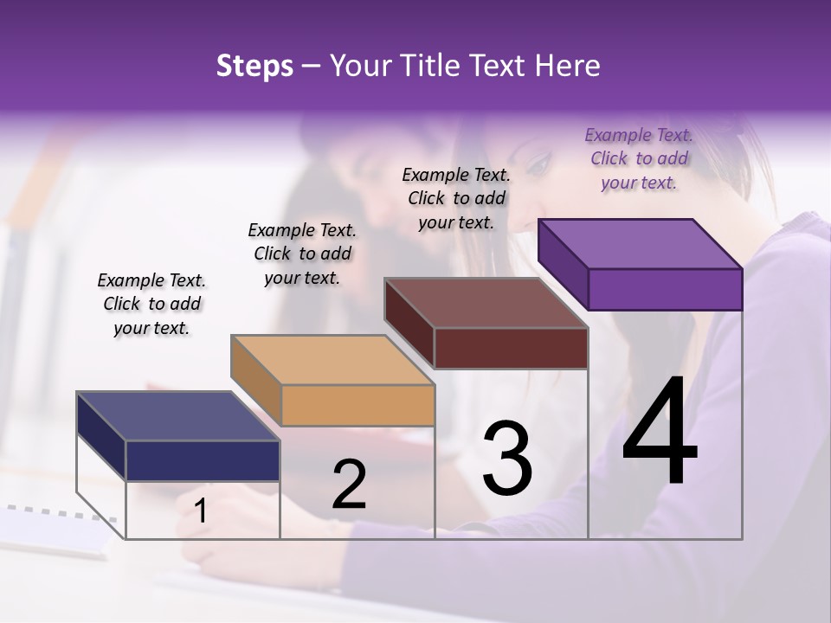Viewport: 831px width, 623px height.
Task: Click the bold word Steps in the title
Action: pyautogui.click(x=254, y=67)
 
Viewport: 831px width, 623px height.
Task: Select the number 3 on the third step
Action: pyautogui.click(x=507, y=459)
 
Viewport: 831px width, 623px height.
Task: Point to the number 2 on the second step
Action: pyautogui.click(x=349, y=485)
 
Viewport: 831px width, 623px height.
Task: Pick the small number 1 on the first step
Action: pyautogui.click(x=201, y=511)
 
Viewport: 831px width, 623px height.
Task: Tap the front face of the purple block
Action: pyautogui.click(x=665, y=289)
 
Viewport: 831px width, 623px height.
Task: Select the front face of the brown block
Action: pyautogui.click(x=511, y=348)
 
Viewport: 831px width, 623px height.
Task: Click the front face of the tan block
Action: pyautogui.click(x=358, y=405)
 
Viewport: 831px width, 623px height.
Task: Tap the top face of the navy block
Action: pyautogui.click(x=178, y=416)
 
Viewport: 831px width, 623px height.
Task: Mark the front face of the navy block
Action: pyautogui.click(x=203, y=460)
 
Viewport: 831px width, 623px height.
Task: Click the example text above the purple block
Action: pyautogui.click(x=639, y=158)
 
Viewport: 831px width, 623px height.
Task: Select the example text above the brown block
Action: pyautogui.click(x=456, y=198)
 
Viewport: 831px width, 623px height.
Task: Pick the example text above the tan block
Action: pyautogui.click(x=302, y=254)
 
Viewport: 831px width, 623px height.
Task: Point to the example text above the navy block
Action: pyautogui.click(x=151, y=304)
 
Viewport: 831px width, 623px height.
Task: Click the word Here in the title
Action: pyautogui.click(x=568, y=67)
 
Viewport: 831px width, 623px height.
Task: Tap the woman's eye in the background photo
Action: pyautogui.click(x=537, y=162)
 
